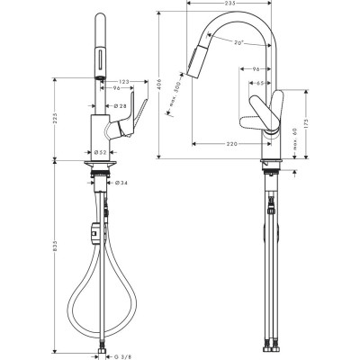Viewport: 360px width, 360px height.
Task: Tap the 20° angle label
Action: pyautogui.click(x=238, y=43)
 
